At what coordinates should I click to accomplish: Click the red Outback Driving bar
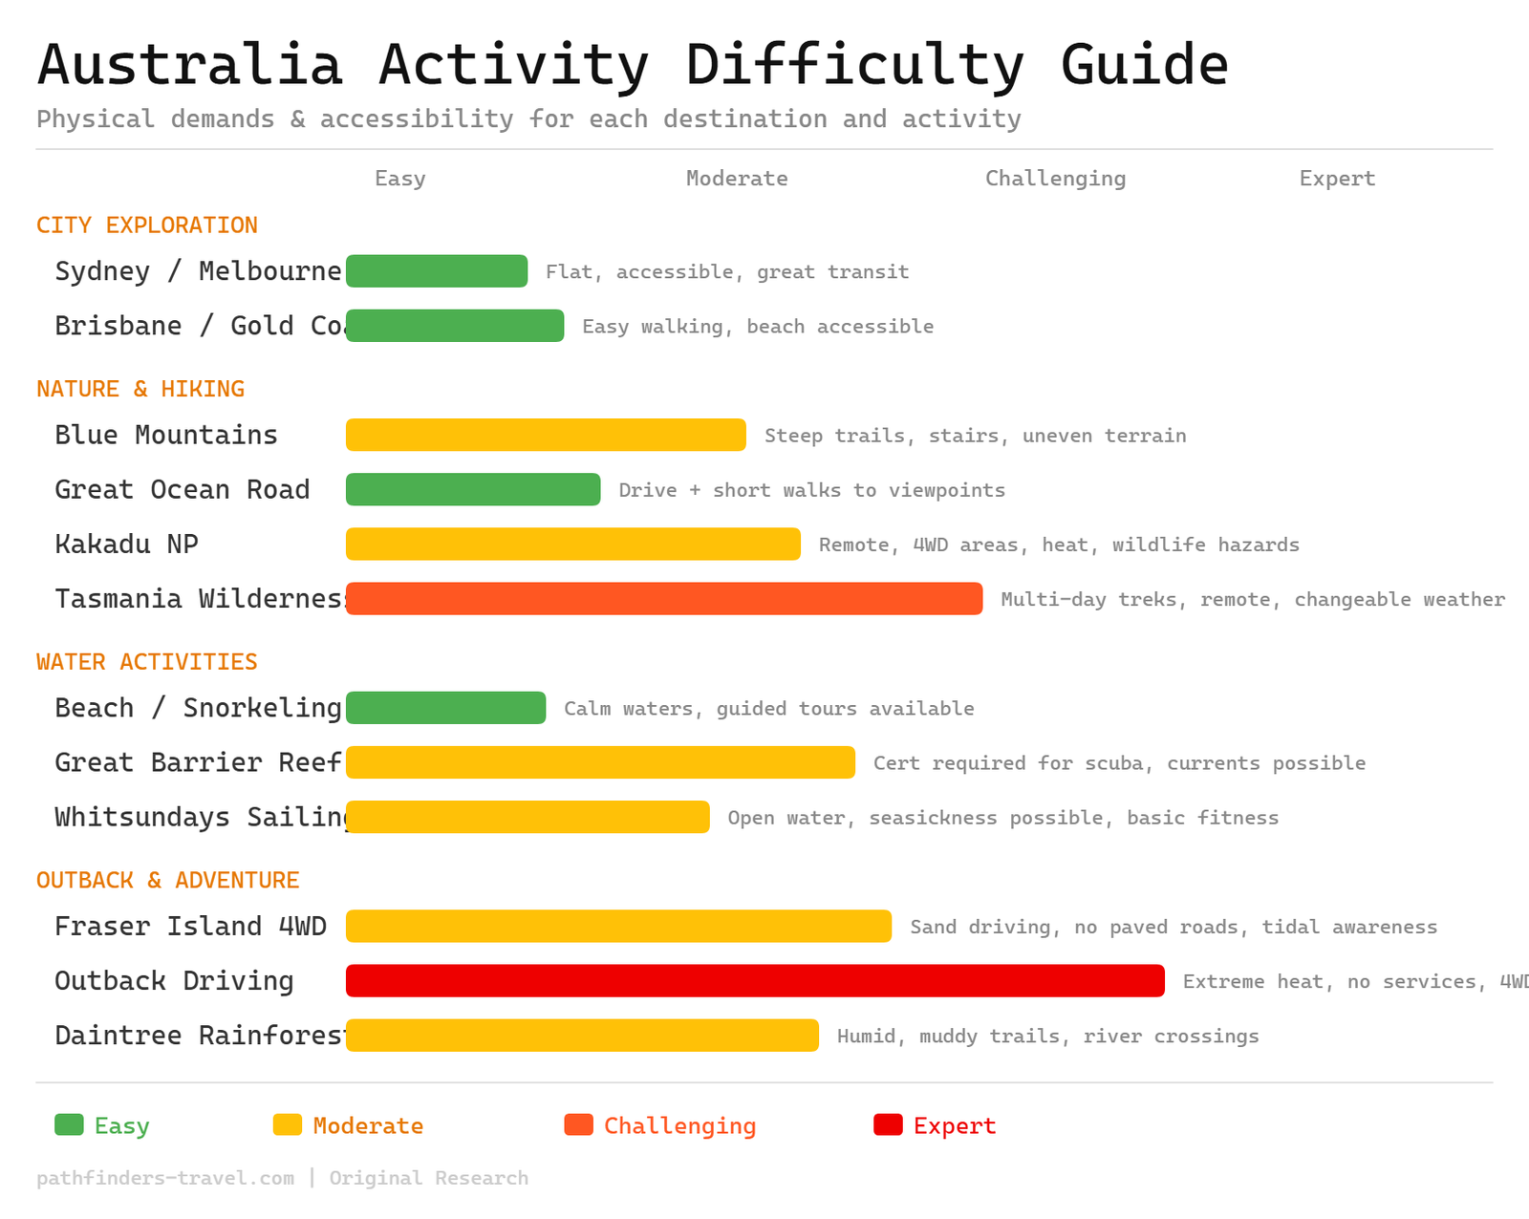tap(755, 981)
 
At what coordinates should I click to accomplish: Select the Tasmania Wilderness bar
tap(664, 599)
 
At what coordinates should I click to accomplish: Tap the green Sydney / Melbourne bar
tap(437, 271)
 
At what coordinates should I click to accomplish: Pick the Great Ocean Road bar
tap(473, 490)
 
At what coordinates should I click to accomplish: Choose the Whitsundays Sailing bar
tap(528, 818)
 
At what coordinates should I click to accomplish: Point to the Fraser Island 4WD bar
tap(618, 927)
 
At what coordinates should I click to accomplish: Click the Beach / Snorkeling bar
tap(445, 709)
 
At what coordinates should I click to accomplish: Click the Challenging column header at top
tap(1055, 179)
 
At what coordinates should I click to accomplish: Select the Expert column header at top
tap(1337, 179)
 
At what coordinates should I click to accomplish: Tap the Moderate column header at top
tap(737, 179)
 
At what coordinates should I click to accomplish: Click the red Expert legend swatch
tap(888, 1125)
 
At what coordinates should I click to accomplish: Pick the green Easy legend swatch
tap(70, 1125)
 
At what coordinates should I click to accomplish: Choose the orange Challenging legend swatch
tap(579, 1125)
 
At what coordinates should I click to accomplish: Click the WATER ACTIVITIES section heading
tap(147, 662)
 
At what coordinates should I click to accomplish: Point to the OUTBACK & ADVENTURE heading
tap(168, 881)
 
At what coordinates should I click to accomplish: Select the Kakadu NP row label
tap(126, 545)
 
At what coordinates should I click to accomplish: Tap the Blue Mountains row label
tap(166, 436)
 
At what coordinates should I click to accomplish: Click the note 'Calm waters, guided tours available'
tap(769, 709)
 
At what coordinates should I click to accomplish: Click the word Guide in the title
tap(1144, 65)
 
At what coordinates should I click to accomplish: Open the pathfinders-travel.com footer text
tap(165, 1178)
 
